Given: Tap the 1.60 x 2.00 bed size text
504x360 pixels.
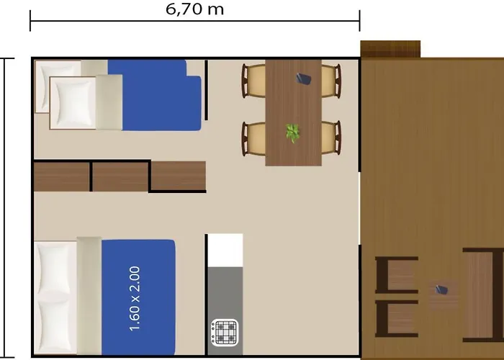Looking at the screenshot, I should tap(135, 298).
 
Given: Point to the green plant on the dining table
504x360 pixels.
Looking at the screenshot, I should tap(292, 132).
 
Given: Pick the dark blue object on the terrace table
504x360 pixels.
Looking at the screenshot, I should tap(441, 290).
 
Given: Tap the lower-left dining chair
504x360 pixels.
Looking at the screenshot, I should tap(254, 138).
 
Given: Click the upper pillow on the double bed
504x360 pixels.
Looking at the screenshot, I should tap(56, 267).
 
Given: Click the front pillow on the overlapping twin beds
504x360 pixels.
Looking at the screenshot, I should tap(72, 102).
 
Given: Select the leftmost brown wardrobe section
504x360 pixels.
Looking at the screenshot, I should tap(62, 176).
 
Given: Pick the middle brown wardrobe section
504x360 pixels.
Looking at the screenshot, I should tap(120, 176).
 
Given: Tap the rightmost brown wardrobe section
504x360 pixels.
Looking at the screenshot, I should tap(179, 176).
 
